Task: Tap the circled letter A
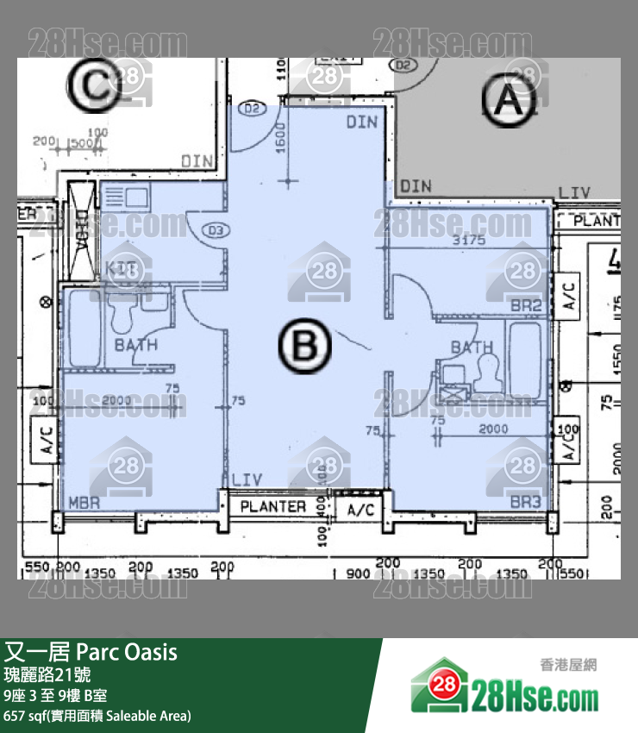[x=509, y=102]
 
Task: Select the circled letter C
[x=91, y=86]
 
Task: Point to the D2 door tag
[x=252, y=109]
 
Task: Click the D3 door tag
[x=216, y=230]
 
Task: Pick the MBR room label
[x=84, y=503]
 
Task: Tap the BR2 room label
[x=525, y=305]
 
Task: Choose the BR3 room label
[x=525, y=503]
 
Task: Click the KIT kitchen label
[x=122, y=268]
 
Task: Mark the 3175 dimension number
[x=469, y=241]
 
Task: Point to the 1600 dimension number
[x=282, y=135]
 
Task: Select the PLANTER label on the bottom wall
[x=273, y=506]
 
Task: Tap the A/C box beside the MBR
[x=47, y=439]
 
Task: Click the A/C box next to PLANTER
[x=361, y=511]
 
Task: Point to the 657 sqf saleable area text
[x=97, y=715]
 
